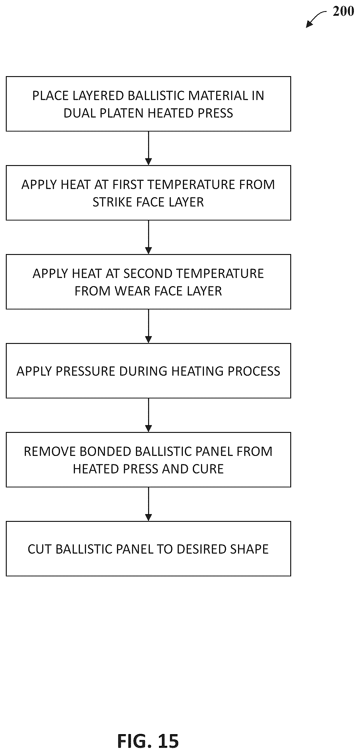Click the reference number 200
point(343,11)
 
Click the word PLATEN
point(122,113)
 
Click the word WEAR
point(132,291)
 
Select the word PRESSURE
point(85,371)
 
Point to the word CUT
point(39,549)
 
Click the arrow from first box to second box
point(148,148)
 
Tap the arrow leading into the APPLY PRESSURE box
point(148,326)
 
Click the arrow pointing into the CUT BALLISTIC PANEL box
point(148,504)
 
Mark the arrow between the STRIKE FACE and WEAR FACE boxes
point(148,237)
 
